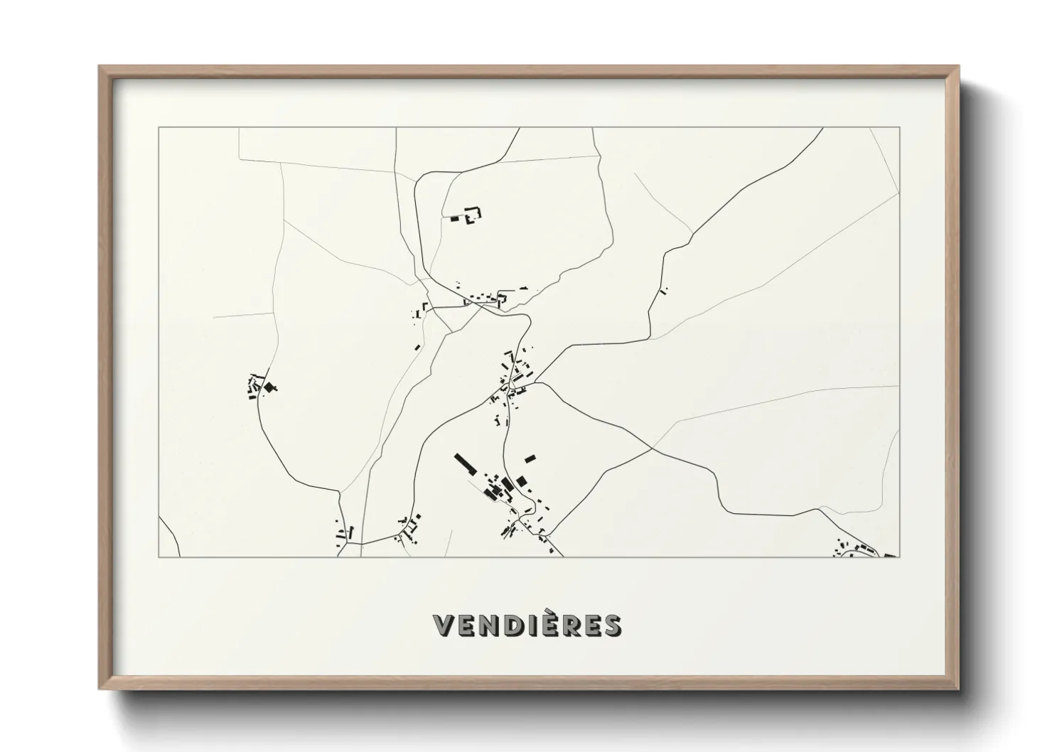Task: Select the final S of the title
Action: (611, 625)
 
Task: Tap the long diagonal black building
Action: (466, 465)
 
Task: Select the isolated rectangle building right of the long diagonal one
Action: (530, 458)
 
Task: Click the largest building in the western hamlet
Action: (269, 387)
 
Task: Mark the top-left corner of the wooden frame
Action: (100, 67)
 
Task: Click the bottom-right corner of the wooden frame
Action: (959, 689)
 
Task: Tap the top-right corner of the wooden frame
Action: (959, 67)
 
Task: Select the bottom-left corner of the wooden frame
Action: (100, 689)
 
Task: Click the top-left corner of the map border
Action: (159, 128)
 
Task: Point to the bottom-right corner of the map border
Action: (900, 557)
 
